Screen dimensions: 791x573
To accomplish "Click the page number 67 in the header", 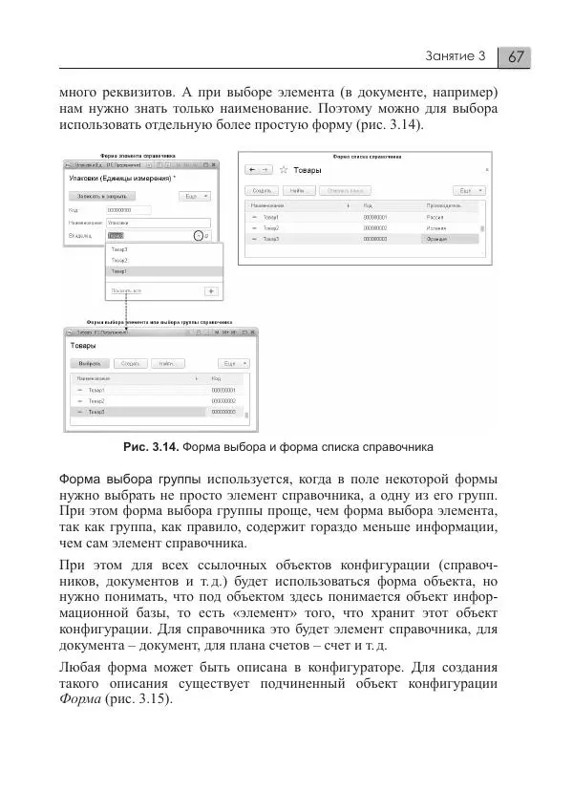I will tap(516, 56).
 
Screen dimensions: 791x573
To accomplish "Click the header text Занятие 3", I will tap(456, 56).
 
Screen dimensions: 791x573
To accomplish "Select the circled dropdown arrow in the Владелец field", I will tap(198, 235).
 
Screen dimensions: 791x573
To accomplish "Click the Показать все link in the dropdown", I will tap(127, 289).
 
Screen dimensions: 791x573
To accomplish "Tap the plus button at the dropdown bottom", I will tap(212, 289).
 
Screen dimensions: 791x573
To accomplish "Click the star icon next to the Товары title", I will tap(282, 169).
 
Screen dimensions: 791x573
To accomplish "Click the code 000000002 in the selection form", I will tap(223, 401).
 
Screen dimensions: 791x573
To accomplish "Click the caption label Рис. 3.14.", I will tap(150, 447).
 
